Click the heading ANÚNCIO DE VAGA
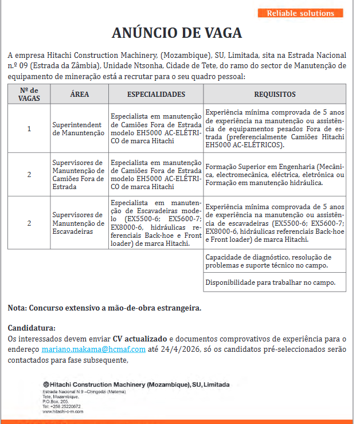(x=177, y=33)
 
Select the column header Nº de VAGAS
(x=29, y=94)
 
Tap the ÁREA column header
(x=79, y=95)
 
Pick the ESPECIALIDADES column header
(x=156, y=95)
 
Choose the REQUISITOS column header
(x=275, y=95)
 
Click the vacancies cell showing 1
(x=29, y=128)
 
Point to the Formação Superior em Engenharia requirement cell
(x=275, y=174)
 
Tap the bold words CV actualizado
(x=140, y=339)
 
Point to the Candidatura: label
(x=32, y=328)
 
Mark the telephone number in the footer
(x=61, y=406)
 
